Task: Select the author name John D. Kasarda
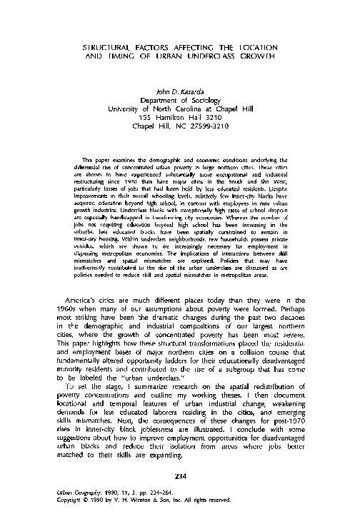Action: tap(180, 91)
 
